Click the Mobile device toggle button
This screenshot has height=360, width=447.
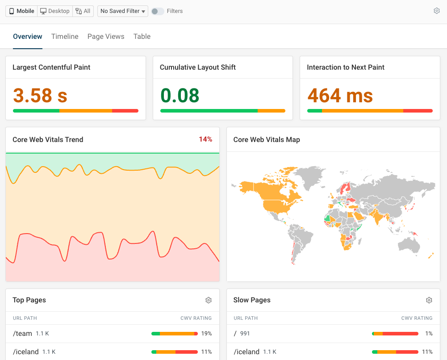tap(22, 11)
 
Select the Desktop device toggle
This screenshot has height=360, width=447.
tap(55, 11)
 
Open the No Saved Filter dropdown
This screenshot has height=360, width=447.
tap(123, 11)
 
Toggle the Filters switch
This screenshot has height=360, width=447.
tap(157, 11)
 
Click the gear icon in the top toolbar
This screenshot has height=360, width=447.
tap(437, 11)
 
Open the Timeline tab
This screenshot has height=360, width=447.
tap(65, 37)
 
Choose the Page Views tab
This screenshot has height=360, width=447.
tap(106, 37)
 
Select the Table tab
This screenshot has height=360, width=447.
tap(142, 37)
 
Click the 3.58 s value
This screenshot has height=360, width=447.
tap(40, 95)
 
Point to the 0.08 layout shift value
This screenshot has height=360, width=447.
tap(180, 95)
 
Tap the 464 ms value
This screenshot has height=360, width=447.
tap(340, 95)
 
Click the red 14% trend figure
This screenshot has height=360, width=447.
tap(205, 139)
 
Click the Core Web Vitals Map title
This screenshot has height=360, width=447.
tap(267, 140)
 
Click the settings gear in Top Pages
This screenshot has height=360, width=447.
tap(209, 300)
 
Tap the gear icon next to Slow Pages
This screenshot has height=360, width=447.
tap(429, 300)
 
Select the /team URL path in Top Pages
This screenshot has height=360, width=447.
tap(22, 333)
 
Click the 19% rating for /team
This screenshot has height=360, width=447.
tap(206, 333)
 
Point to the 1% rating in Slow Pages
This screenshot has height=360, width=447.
tap(429, 333)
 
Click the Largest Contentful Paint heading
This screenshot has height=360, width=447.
tap(51, 67)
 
